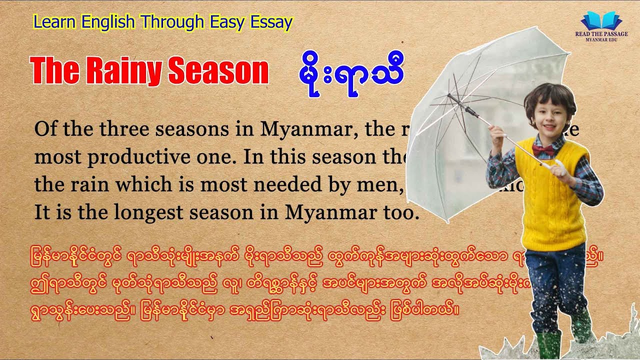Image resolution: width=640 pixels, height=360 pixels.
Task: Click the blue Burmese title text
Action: point(349,72)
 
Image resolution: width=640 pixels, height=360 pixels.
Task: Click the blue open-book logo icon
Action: point(601,21)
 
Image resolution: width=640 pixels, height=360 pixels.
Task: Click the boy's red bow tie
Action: point(542,149)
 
